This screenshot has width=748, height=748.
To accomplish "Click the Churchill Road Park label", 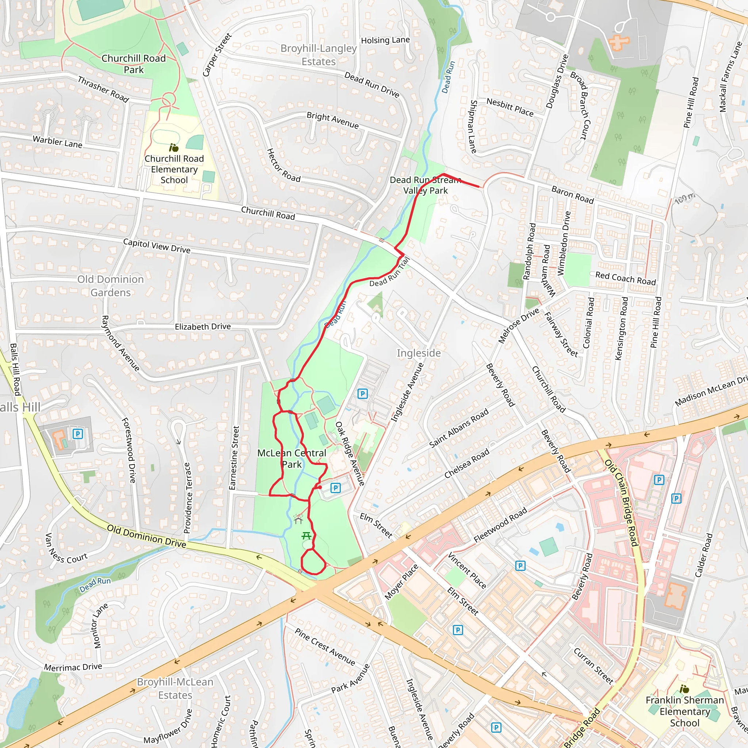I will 134,64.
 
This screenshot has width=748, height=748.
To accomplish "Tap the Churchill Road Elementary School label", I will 174,169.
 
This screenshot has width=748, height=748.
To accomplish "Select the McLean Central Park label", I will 291,458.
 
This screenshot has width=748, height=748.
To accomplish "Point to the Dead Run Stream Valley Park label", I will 425,185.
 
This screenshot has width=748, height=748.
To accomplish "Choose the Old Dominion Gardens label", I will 110,286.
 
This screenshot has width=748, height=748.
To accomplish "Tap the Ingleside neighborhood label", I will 419,353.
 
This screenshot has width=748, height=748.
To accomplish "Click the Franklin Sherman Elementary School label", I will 684,711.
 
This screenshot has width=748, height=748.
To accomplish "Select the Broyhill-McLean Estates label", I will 175,688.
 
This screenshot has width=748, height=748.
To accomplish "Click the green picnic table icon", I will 306,536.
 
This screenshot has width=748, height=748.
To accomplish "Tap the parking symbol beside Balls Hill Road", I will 78,434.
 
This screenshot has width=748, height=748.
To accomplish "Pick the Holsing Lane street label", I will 385,40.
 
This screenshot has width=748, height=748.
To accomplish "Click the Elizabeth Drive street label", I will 202,327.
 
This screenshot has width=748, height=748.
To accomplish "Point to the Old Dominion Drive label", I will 146,536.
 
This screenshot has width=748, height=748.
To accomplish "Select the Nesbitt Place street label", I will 510,107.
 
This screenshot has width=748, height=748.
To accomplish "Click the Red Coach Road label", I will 625,278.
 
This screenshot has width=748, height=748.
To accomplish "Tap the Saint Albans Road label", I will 459,428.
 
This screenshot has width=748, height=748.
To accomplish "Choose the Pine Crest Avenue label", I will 324,646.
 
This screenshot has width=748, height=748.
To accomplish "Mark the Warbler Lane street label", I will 57,142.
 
